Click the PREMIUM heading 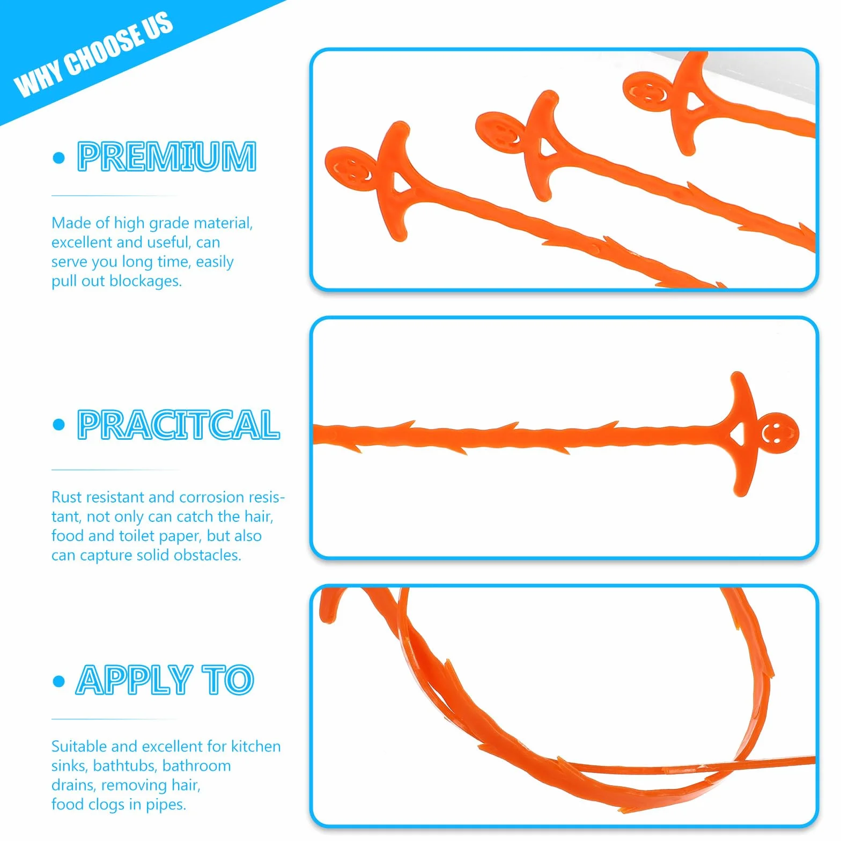coord(167,156)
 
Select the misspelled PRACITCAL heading coord(179,425)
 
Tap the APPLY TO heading coord(165,680)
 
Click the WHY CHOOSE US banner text coord(93,54)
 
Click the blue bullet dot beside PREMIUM coord(59,158)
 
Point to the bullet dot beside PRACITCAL coord(59,425)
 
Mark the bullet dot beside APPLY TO coord(59,681)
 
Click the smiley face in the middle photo coord(777,433)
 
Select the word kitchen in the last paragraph coord(256,747)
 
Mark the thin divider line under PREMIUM coord(115,196)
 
